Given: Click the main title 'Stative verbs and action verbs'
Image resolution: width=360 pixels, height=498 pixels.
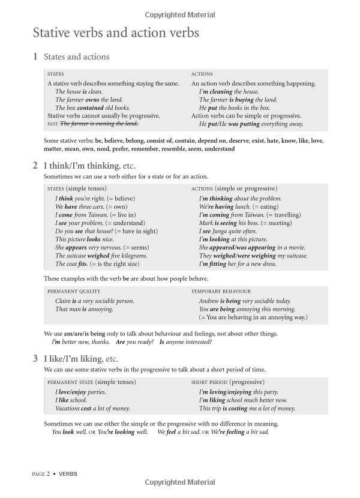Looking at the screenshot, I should (116, 33).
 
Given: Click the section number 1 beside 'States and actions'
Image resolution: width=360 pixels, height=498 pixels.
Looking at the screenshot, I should (35, 57).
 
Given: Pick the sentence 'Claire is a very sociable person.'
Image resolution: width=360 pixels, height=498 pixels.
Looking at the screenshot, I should (95, 301).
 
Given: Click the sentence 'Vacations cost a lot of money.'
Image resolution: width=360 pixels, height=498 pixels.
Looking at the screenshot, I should (92, 409).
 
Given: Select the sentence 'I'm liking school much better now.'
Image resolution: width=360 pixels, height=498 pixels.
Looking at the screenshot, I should (243, 400).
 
